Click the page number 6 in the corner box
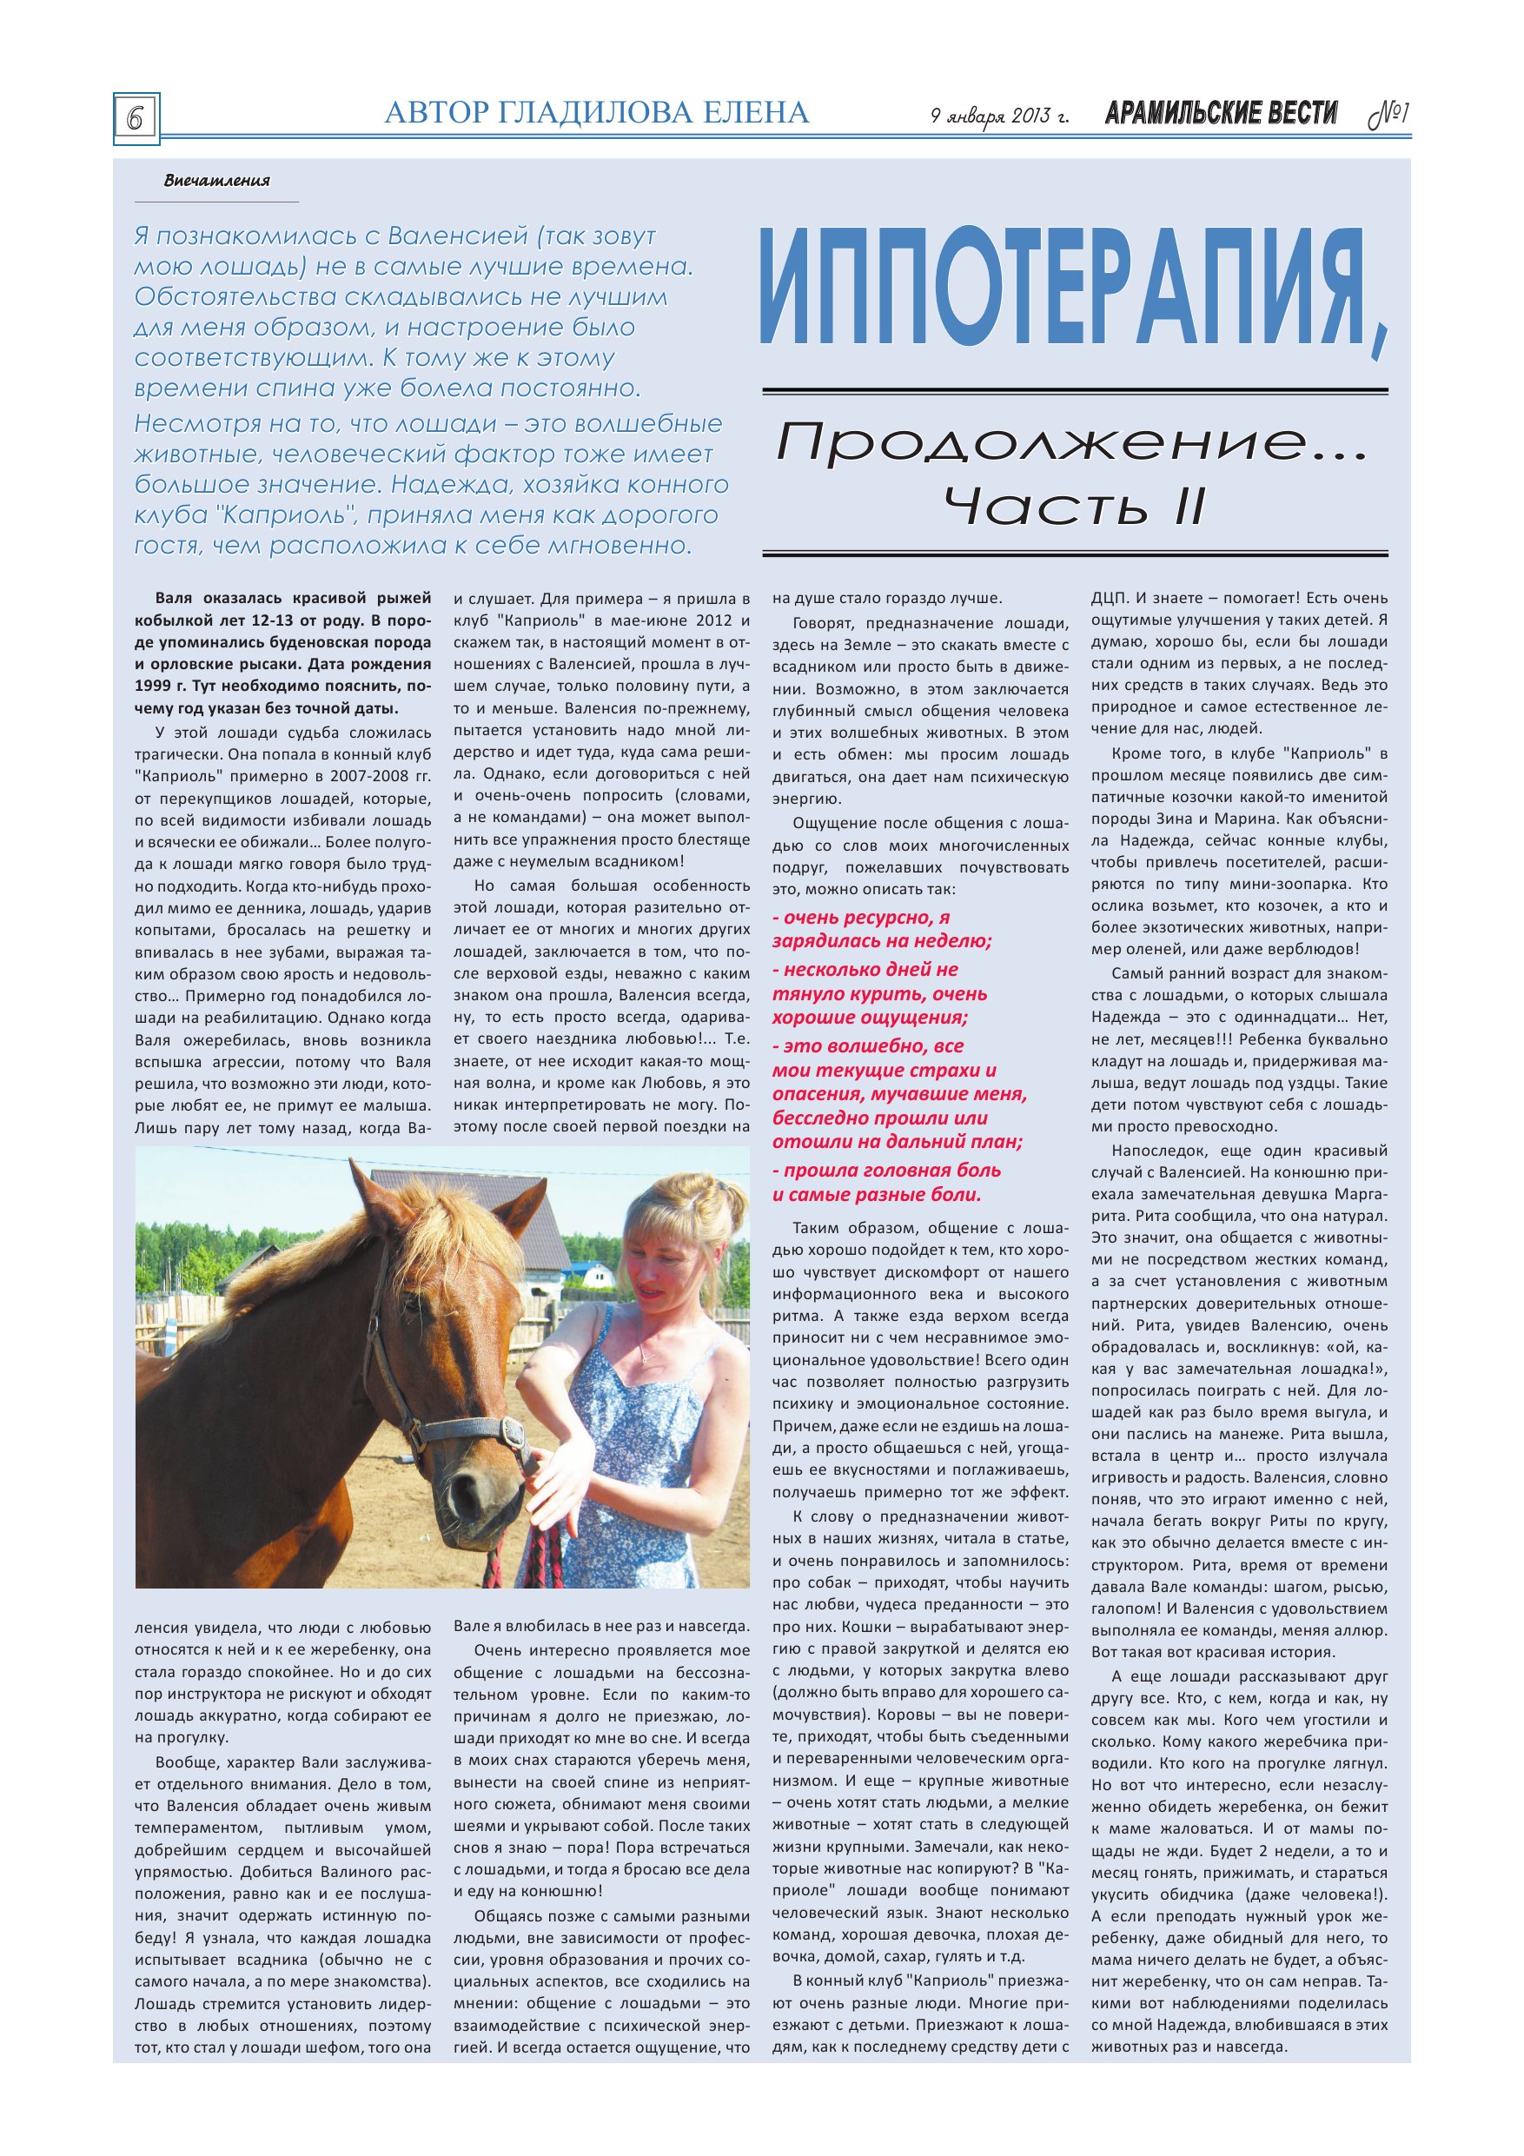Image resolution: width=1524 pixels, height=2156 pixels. point(136,119)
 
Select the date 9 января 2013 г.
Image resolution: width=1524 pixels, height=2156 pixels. point(999,116)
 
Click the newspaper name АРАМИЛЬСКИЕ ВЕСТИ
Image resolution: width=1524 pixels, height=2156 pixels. point(1221,114)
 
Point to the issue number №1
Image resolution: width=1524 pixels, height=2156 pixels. point(1388,115)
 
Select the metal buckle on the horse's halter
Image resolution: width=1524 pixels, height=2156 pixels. point(513,1435)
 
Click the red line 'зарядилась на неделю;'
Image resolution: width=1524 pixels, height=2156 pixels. point(882,941)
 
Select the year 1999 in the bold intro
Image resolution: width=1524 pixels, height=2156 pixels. point(153,687)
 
